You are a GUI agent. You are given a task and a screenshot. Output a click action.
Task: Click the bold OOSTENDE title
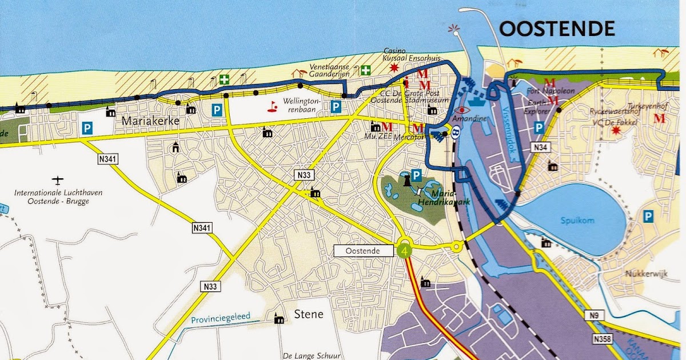557,29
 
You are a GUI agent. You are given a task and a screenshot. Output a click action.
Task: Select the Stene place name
309,314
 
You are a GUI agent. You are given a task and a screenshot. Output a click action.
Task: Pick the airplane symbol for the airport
57,181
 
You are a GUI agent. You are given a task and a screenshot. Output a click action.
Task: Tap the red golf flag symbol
273,106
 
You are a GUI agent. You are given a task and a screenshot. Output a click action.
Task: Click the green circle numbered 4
405,250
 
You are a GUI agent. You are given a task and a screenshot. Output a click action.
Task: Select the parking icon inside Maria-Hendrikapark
417,175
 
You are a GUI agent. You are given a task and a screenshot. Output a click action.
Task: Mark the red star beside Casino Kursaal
393,67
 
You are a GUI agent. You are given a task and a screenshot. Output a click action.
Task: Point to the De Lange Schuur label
309,354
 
